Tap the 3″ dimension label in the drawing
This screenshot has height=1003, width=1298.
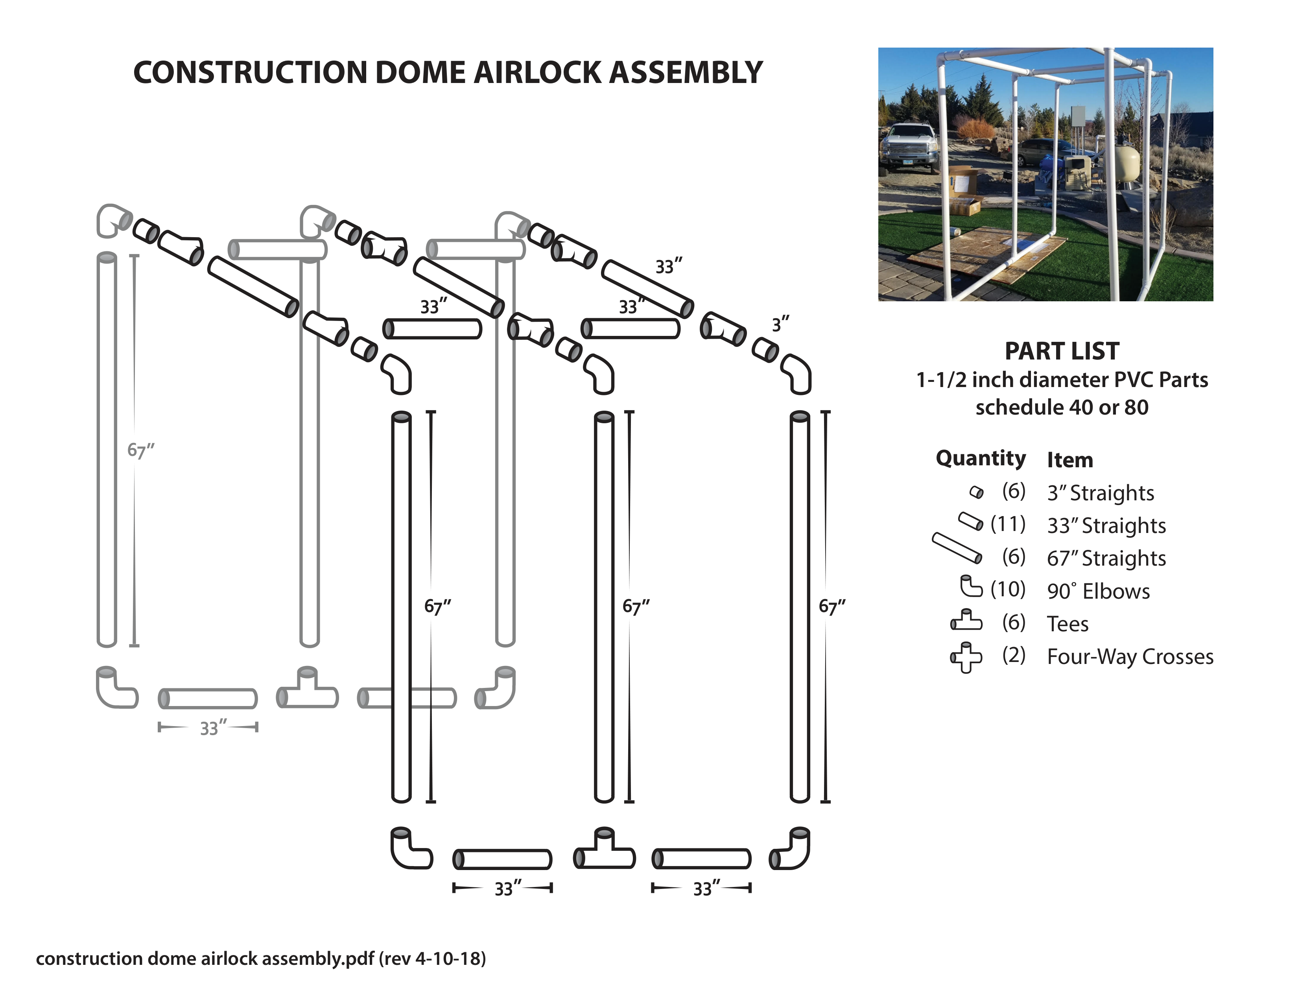780,324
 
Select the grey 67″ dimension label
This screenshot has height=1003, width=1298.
140,450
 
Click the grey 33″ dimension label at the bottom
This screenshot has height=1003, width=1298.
212,728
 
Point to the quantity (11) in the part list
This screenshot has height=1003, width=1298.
1008,524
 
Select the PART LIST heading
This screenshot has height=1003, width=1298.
1062,351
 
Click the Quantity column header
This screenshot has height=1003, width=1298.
981,458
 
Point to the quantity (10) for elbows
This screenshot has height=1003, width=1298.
1008,590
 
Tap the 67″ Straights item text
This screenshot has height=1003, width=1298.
1106,559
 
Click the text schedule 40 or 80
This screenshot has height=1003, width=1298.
1062,407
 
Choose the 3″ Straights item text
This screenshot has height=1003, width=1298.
1100,493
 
